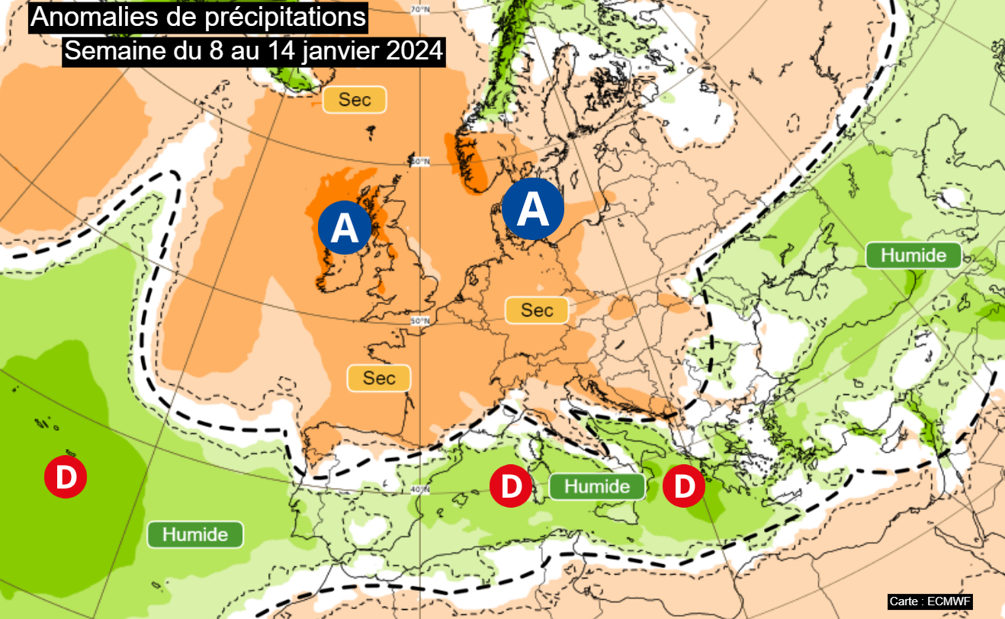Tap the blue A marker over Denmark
coord(533,208)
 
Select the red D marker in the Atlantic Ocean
coord(65,476)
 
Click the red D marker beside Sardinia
coord(510,486)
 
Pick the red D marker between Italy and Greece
coord(684,486)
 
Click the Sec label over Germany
coord(537,309)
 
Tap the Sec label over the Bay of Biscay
coord(379,377)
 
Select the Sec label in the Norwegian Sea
coord(355,100)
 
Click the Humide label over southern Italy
coord(597,486)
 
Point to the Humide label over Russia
coord(913,255)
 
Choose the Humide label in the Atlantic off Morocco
coord(194,534)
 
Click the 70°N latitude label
coord(420,10)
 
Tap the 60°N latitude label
coord(420,162)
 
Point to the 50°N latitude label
coord(420,321)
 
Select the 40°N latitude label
coord(420,489)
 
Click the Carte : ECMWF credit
coord(930,601)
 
